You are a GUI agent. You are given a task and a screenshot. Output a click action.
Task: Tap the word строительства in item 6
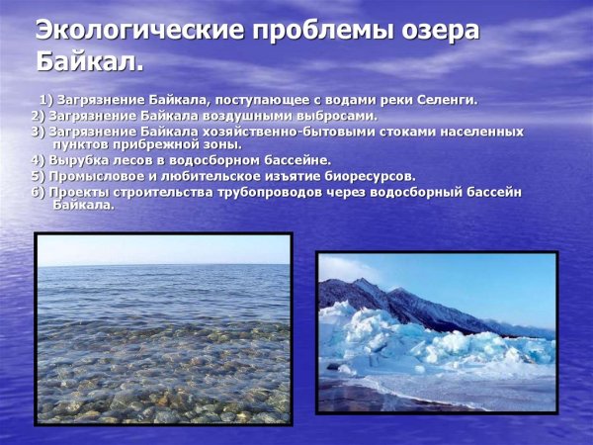point(177,191)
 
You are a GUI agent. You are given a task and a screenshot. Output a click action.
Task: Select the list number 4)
point(38,159)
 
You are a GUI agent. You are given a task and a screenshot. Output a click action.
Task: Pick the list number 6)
point(38,191)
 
